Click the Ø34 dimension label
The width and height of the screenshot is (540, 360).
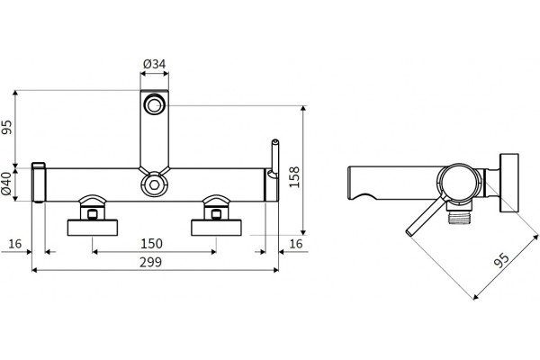[x=154, y=64]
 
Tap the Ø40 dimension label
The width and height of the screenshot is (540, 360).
[x=6, y=184]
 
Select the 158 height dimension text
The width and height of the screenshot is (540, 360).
[x=294, y=177]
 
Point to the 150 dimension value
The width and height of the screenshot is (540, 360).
[x=151, y=244]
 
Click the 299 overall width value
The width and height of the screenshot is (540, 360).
[x=150, y=262]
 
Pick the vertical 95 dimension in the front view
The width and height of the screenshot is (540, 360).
[x=7, y=127]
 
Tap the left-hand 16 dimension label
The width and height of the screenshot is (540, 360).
[x=14, y=244]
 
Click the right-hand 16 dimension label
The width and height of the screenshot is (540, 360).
[x=296, y=244]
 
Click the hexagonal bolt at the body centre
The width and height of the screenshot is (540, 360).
[x=154, y=184]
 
